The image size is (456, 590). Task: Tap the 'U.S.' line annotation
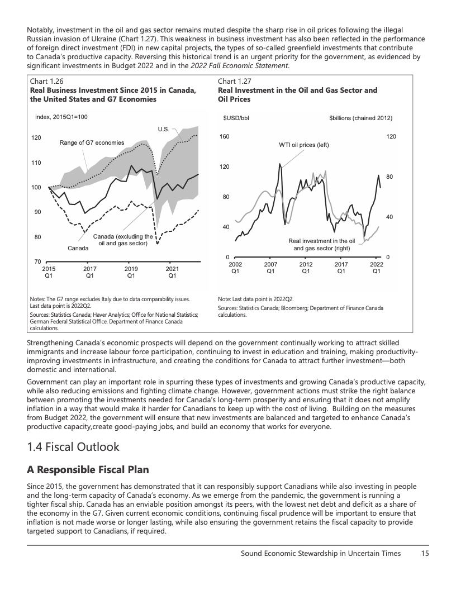click(x=164, y=129)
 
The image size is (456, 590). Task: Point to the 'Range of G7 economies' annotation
click(x=92, y=143)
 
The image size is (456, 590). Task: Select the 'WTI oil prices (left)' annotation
click(x=304, y=145)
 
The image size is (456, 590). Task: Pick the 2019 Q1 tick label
click(x=131, y=272)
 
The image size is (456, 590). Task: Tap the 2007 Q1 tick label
click(x=270, y=268)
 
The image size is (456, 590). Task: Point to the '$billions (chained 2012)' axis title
click(x=360, y=118)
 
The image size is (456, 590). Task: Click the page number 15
click(x=424, y=554)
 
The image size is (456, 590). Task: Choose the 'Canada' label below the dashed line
click(x=78, y=248)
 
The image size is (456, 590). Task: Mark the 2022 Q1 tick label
click(x=377, y=268)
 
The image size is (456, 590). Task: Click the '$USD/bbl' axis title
click(x=236, y=118)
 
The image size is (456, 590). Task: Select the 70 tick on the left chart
click(x=36, y=261)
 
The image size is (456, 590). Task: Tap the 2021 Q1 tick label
click(x=172, y=272)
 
